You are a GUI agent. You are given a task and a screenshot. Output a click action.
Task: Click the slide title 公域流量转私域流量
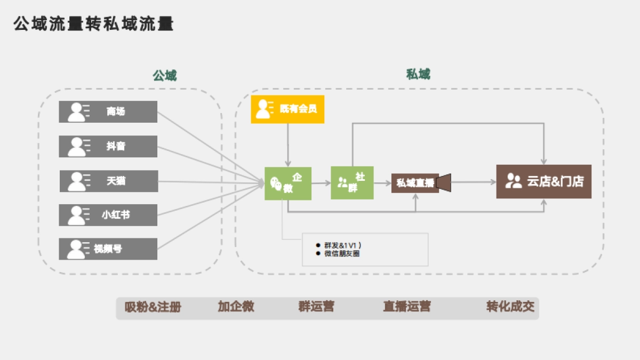94,24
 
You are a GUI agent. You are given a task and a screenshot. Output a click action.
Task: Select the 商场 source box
108,111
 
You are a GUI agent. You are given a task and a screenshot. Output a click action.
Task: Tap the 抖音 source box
108,146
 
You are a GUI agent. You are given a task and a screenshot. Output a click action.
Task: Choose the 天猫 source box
108,181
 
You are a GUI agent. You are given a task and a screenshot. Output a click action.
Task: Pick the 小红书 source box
108,215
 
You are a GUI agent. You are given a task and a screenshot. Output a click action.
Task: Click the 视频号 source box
108,249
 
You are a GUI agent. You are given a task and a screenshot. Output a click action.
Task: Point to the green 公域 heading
164,76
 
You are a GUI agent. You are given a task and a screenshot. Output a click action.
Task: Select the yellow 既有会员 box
287,109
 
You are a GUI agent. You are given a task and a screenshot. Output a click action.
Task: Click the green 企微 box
288,183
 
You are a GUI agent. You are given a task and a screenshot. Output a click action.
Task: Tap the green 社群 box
352,182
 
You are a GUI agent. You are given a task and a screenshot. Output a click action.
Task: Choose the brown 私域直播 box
415,183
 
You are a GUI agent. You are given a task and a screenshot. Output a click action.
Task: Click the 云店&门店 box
543,181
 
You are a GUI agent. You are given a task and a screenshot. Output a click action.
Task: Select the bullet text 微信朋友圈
342,254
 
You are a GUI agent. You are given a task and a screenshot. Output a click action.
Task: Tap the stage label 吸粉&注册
153,307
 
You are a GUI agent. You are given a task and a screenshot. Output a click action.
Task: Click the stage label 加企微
236,307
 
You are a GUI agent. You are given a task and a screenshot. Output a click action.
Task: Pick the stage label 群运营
316,307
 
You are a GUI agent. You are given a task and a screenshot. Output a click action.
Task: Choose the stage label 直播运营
407,307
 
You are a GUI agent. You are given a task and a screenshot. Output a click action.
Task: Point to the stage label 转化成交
510,307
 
